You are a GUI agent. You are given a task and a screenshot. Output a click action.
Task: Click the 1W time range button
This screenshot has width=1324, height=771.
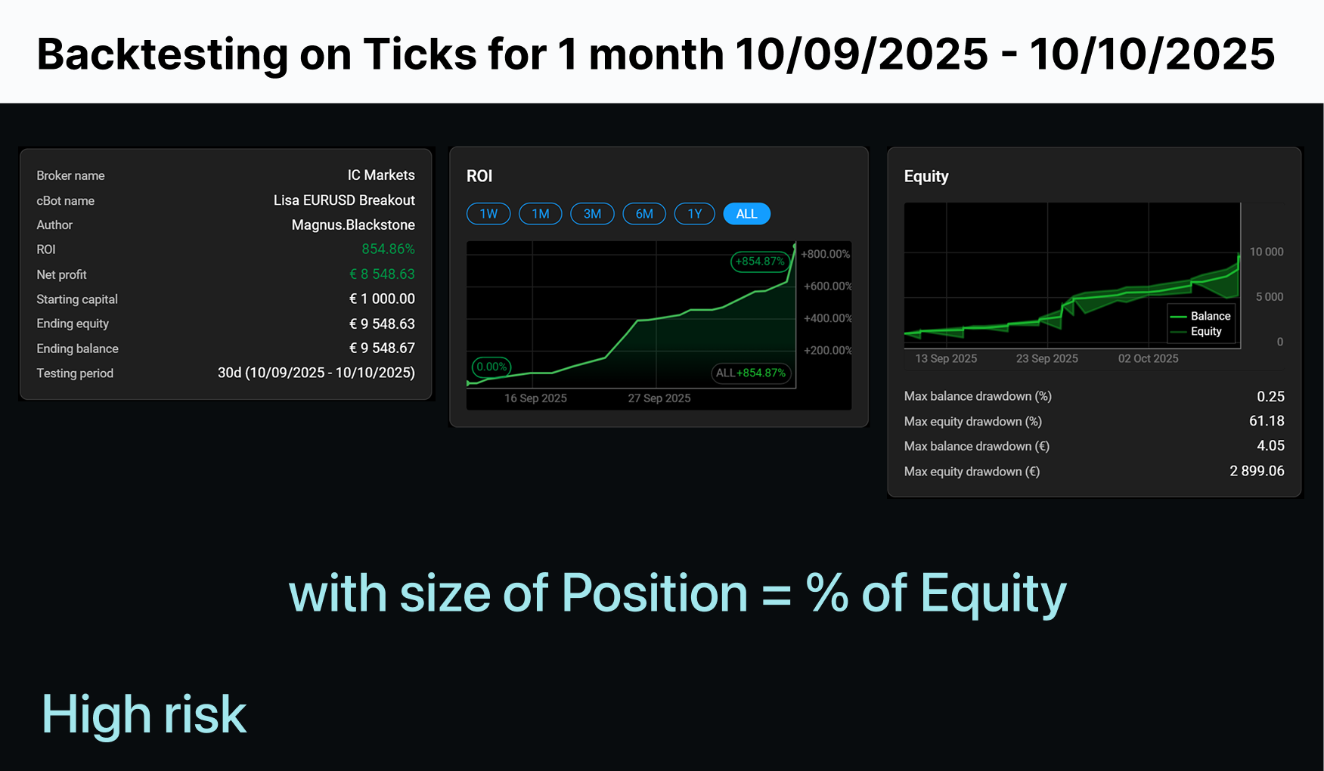click(488, 214)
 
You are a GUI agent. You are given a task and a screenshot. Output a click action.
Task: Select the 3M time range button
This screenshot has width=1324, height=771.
click(592, 214)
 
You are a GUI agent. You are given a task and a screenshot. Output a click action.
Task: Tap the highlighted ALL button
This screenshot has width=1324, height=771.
click(747, 214)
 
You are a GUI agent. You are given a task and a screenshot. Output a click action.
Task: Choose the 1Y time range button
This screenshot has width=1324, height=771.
click(695, 214)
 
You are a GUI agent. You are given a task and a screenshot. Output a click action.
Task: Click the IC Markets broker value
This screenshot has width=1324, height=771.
click(381, 175)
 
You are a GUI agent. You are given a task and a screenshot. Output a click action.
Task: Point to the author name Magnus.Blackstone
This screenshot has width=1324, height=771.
click(353, 225)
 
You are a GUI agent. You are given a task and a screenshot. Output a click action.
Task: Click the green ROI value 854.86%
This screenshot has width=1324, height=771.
click(388, 249)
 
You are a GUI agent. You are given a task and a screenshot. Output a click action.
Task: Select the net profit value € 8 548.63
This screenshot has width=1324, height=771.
click(382, 274)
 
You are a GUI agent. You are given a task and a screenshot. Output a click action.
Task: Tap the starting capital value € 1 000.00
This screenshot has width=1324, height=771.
click(382, 299)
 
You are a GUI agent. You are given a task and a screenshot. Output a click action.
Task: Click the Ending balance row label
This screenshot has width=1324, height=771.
click(77, 348)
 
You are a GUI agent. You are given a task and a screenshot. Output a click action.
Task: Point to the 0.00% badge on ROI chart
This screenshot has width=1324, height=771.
click(491, 367)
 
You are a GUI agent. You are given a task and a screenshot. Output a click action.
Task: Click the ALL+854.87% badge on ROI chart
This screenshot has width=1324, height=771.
click(751, 373)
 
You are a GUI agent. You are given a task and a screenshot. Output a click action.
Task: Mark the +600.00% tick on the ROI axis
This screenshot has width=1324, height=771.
click(828, 286)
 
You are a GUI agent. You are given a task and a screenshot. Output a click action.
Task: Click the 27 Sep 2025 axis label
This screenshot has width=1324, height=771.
click(659, 398)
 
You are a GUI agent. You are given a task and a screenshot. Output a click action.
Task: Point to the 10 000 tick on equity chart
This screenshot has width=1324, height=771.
click(1267, 252)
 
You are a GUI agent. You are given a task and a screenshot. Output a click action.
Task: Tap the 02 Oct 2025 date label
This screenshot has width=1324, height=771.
click(1149, 358)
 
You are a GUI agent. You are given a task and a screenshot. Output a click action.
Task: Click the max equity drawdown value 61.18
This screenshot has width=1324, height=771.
click(1267, 421)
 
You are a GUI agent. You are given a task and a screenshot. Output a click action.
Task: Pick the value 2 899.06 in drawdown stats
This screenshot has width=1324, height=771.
click(1257, 471)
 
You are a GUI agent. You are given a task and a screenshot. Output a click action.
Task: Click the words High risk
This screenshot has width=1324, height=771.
click(144, 714)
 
